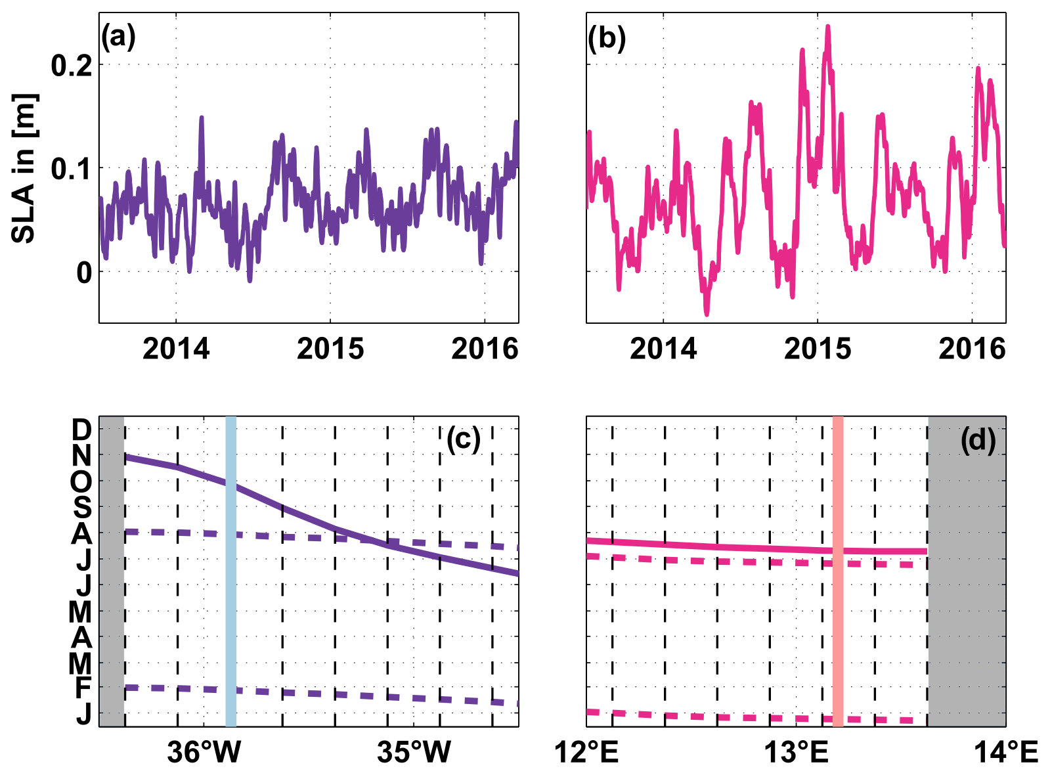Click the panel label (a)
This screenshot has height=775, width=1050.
[118, 38]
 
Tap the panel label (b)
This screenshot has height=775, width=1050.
[606, 38]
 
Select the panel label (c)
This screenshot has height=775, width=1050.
[464, 438]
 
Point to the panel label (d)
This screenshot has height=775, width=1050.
[978, 439]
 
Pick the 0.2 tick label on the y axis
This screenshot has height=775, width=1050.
[72, 66]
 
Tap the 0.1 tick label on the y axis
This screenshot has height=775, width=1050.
[72, 169]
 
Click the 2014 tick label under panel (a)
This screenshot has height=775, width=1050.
[176, 348]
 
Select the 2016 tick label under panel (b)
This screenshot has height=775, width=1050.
[972, 348]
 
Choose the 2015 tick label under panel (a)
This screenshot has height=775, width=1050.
[330, 348]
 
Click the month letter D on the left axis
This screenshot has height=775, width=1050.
[81, 430]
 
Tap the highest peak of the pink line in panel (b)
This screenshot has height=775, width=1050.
[828, 28]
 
